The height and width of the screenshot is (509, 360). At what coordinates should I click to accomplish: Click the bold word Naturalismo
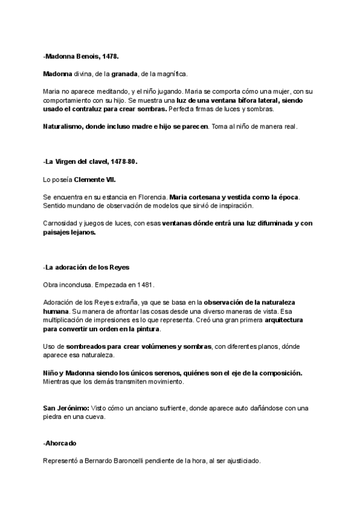point(64,127)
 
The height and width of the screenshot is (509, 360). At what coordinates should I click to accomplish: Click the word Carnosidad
point(63,223)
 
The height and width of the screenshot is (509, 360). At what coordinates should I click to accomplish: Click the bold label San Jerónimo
point(64,408)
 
